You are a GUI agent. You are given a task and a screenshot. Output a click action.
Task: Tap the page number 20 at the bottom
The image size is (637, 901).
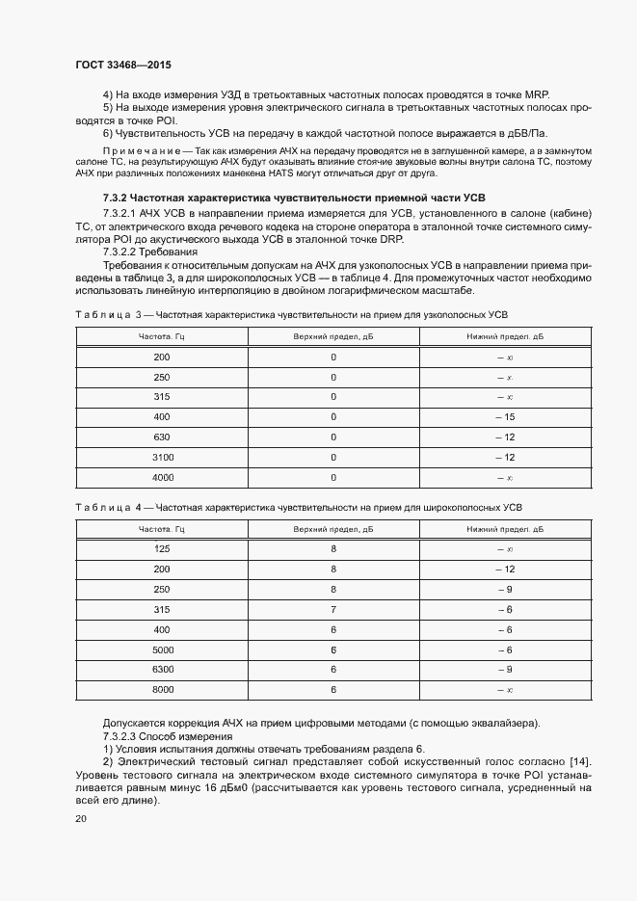point(81,819)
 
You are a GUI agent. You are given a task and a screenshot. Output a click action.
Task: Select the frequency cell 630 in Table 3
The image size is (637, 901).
point(161,437)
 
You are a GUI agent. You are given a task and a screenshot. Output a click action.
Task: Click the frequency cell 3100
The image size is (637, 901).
point(161,458)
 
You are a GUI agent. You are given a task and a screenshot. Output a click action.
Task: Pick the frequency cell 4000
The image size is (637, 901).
point(161,478)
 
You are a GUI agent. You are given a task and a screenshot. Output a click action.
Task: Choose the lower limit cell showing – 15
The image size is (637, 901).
point(505,417)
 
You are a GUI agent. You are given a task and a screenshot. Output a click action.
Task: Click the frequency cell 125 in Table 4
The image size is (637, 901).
point(161,549)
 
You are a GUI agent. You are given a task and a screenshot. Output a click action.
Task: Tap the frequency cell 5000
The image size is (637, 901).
point(161,650)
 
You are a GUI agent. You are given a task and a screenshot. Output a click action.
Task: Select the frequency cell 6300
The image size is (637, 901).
point(161,670)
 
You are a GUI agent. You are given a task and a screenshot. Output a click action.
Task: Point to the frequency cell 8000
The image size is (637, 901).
point(161,690)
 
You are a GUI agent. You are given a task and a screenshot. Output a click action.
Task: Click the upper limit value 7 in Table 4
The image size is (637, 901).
point(333,610)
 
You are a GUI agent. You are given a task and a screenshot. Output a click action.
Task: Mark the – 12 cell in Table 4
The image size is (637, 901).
point(505,570)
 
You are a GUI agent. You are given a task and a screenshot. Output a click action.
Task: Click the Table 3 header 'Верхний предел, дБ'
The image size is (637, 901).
point(333,336)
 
